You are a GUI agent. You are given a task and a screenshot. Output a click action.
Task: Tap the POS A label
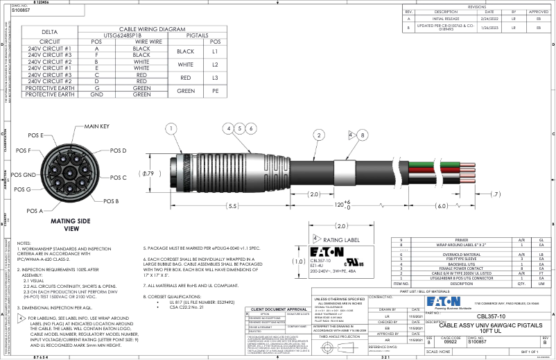coord(35,209)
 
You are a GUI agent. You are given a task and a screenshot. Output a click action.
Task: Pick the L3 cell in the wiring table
coord(215,78)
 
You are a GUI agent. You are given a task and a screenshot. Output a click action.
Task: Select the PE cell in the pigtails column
coord(215,91)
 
